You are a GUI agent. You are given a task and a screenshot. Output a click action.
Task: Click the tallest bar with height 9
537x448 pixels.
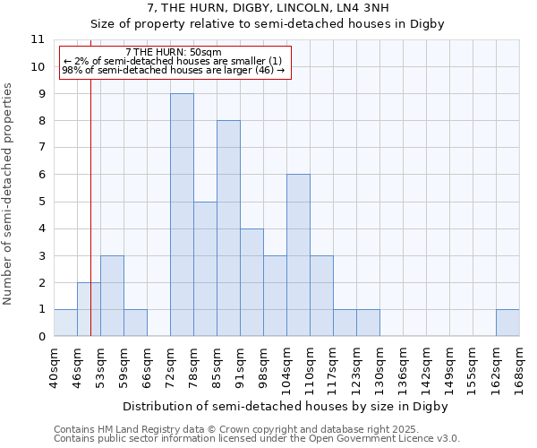pos(182,215)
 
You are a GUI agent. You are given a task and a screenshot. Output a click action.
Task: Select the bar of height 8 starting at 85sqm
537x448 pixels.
pos(228,228)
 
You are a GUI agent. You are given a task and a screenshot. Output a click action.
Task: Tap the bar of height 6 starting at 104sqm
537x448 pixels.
pos(298,255)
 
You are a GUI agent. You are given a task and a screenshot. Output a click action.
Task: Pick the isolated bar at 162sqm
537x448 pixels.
pos(507,323)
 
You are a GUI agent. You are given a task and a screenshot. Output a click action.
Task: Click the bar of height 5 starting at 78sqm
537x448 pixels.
pos(205,269)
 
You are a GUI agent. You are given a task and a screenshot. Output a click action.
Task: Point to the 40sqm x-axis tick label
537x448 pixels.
pos(54,366)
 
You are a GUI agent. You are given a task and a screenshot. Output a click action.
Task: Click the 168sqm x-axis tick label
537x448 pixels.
pos(519,366)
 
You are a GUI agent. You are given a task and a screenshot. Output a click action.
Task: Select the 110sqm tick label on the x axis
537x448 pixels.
pos(310,366)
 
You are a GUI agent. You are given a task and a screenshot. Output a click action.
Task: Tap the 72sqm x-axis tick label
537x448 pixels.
pos(170,366)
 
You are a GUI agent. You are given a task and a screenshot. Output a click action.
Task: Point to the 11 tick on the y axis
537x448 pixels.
pos(38,39)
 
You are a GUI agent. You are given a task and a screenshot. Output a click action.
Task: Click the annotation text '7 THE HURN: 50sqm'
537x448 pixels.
pos(174,53)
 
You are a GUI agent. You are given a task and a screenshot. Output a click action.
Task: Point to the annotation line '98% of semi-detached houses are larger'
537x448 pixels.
pos(174,70)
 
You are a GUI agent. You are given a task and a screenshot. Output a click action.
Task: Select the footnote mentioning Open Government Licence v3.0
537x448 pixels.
pos(256,439)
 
